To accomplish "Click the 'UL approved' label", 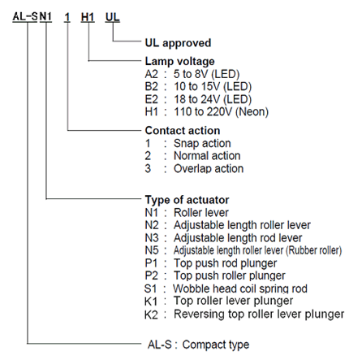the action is tap(178, 43).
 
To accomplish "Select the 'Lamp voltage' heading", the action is tap(180, 61).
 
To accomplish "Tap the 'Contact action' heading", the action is tap(183, 131).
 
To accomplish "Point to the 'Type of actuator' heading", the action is tap(187, 200).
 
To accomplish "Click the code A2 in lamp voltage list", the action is tap(152, 74).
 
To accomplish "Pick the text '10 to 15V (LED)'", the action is tap(213, 87).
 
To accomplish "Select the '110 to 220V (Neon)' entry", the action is tap(221, 112).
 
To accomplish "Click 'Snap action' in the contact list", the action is tap(202, 143).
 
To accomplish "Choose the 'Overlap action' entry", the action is tap(209, 168).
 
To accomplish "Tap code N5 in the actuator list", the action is tap(152, 250).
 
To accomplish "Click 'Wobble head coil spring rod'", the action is tap(240, 288).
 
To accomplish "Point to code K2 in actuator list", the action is tap(151, 314).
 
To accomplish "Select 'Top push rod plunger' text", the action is tap(226, 263).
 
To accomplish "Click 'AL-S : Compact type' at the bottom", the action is tap(198, 345).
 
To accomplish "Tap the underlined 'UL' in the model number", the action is tap(112, 17).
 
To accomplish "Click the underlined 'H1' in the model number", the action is tap(88, 17).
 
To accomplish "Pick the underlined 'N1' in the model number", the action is tap(45, 17).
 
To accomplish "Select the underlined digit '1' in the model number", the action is tap(67, 17).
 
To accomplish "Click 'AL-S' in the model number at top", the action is tap(25, 16).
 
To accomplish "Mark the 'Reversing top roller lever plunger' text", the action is tap(259, 314).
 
